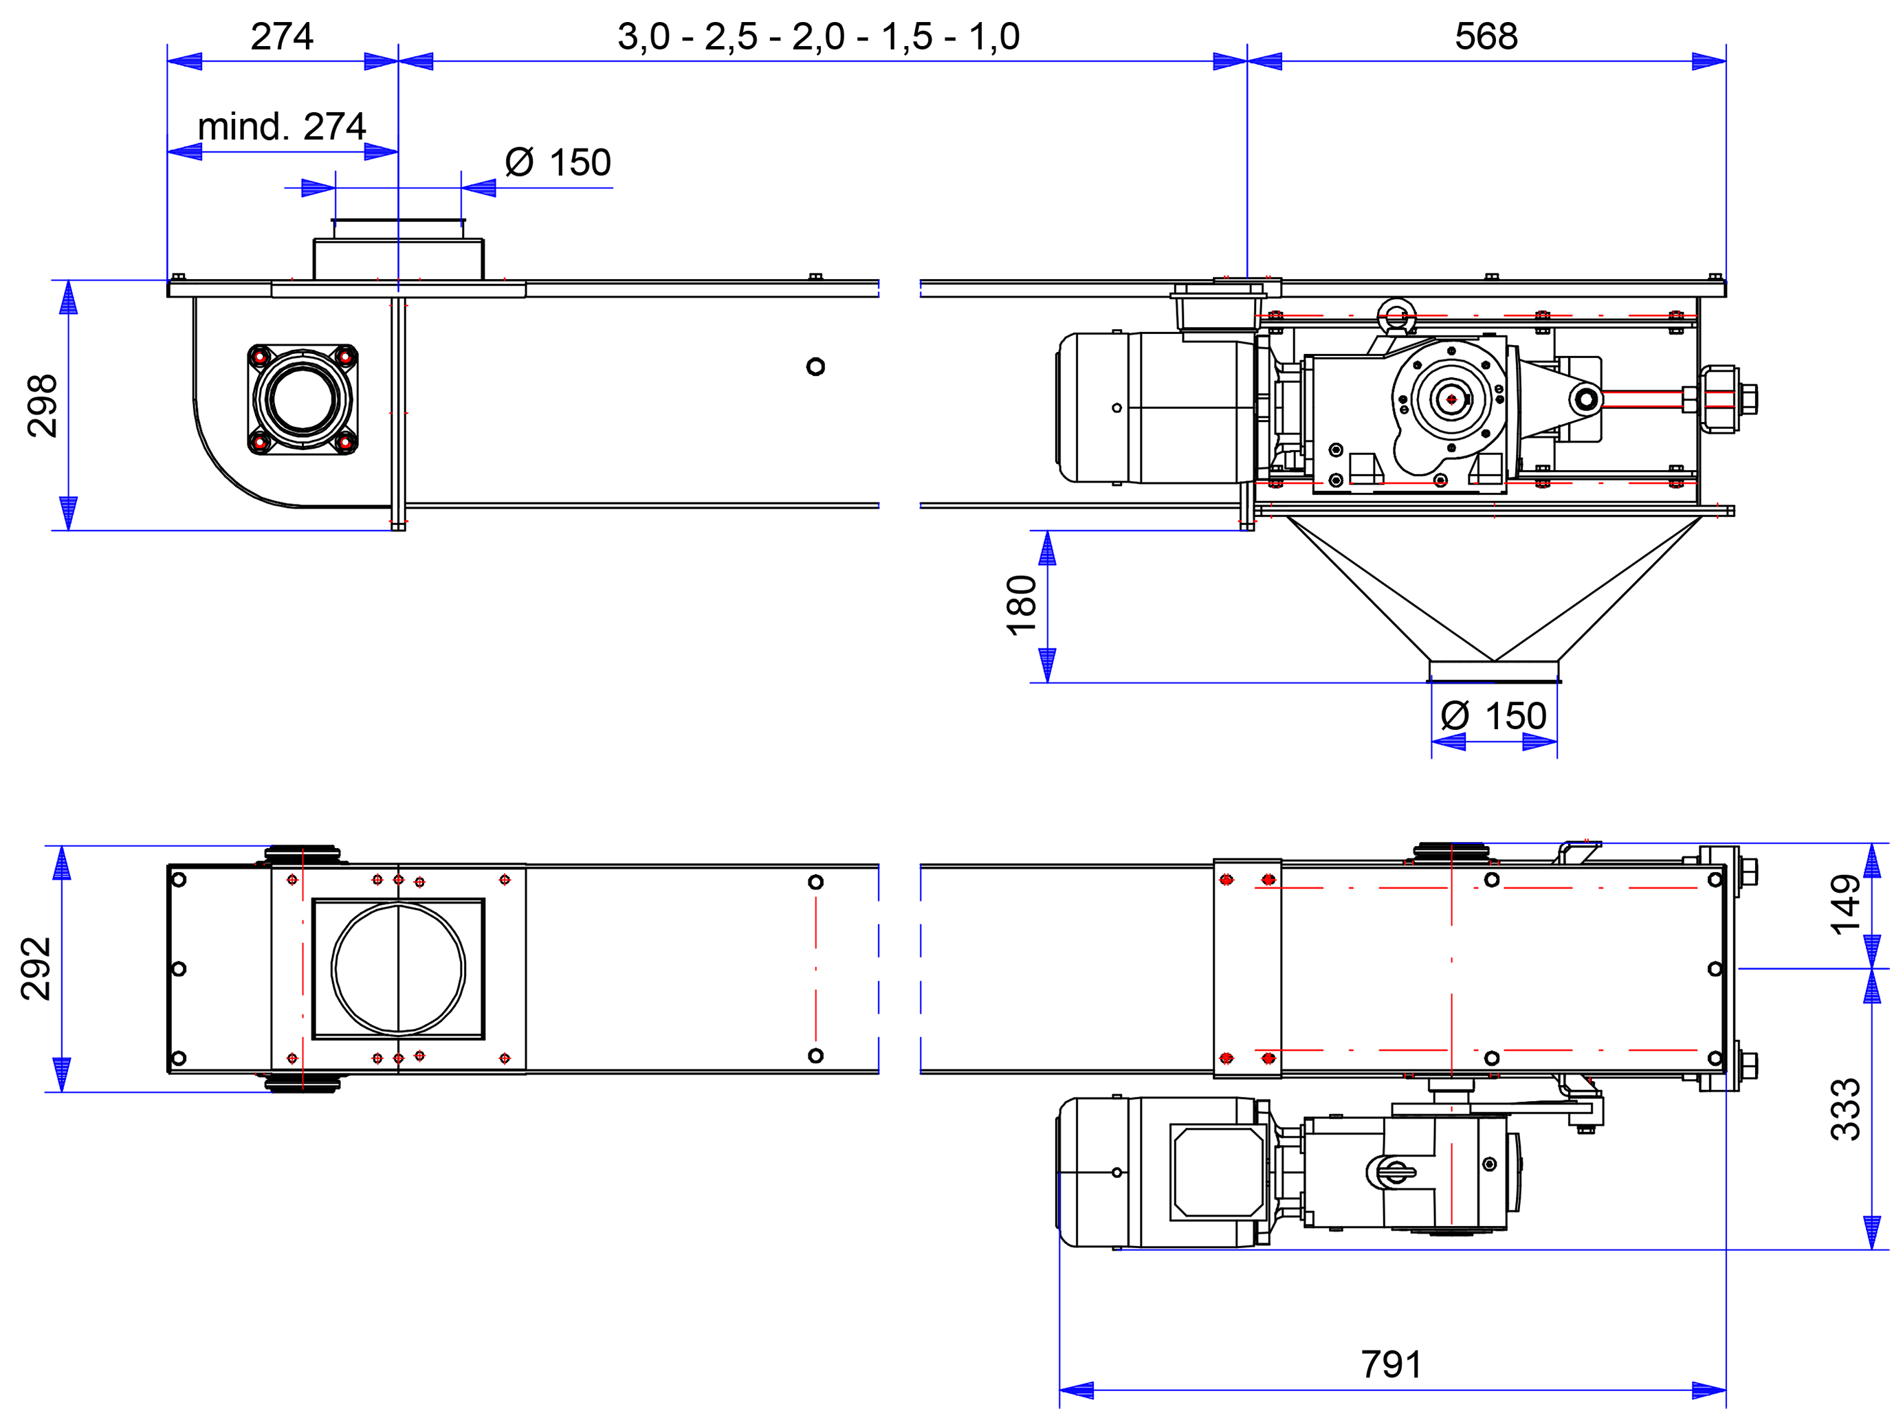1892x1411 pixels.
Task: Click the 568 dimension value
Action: (1486, 36)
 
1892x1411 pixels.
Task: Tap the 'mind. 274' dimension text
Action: (282, 127)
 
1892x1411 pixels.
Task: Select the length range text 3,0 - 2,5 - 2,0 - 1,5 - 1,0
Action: (818, 36)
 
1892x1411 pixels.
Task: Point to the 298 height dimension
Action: (42, 405)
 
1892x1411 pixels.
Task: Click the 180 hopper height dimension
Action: (1021, 605)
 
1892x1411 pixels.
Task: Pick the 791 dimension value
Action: (1391, 1364)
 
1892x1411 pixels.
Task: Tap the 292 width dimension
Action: (36, 968)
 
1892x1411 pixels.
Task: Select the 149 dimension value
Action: (1846, 904)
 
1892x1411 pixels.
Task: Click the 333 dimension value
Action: (1846, 1109)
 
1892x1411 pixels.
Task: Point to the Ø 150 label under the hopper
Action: (1493, 715)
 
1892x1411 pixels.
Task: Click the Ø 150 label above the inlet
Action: (558, 162)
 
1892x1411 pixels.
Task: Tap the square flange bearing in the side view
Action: (302, 399)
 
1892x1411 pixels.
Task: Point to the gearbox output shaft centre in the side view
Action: (1451, 399)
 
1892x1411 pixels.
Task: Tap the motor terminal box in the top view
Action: (1217, 1171)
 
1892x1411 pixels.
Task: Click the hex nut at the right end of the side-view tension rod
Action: (1747, 399)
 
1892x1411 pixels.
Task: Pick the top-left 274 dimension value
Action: (282, 36)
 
